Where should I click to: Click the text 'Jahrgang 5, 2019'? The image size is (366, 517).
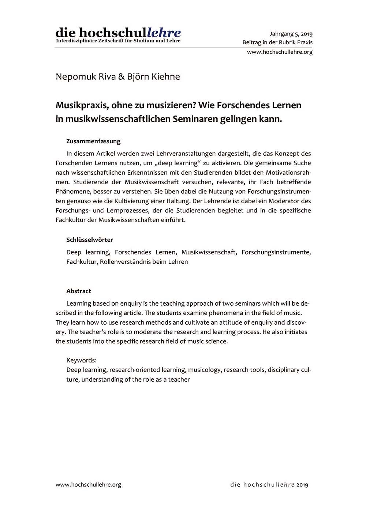291,34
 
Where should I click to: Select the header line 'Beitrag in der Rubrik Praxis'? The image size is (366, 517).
277,42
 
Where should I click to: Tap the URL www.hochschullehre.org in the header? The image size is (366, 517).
280,52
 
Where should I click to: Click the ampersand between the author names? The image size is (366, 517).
121,77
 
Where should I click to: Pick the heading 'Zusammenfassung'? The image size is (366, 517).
93,141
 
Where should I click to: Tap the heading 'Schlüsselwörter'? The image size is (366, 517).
90,240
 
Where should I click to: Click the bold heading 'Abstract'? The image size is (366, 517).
79,291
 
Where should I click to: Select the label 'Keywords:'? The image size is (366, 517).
81,360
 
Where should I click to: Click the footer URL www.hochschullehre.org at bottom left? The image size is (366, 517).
88,485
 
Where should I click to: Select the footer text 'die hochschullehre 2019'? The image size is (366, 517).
269,485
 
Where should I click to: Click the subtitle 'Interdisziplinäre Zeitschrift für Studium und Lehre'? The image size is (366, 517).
118,41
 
